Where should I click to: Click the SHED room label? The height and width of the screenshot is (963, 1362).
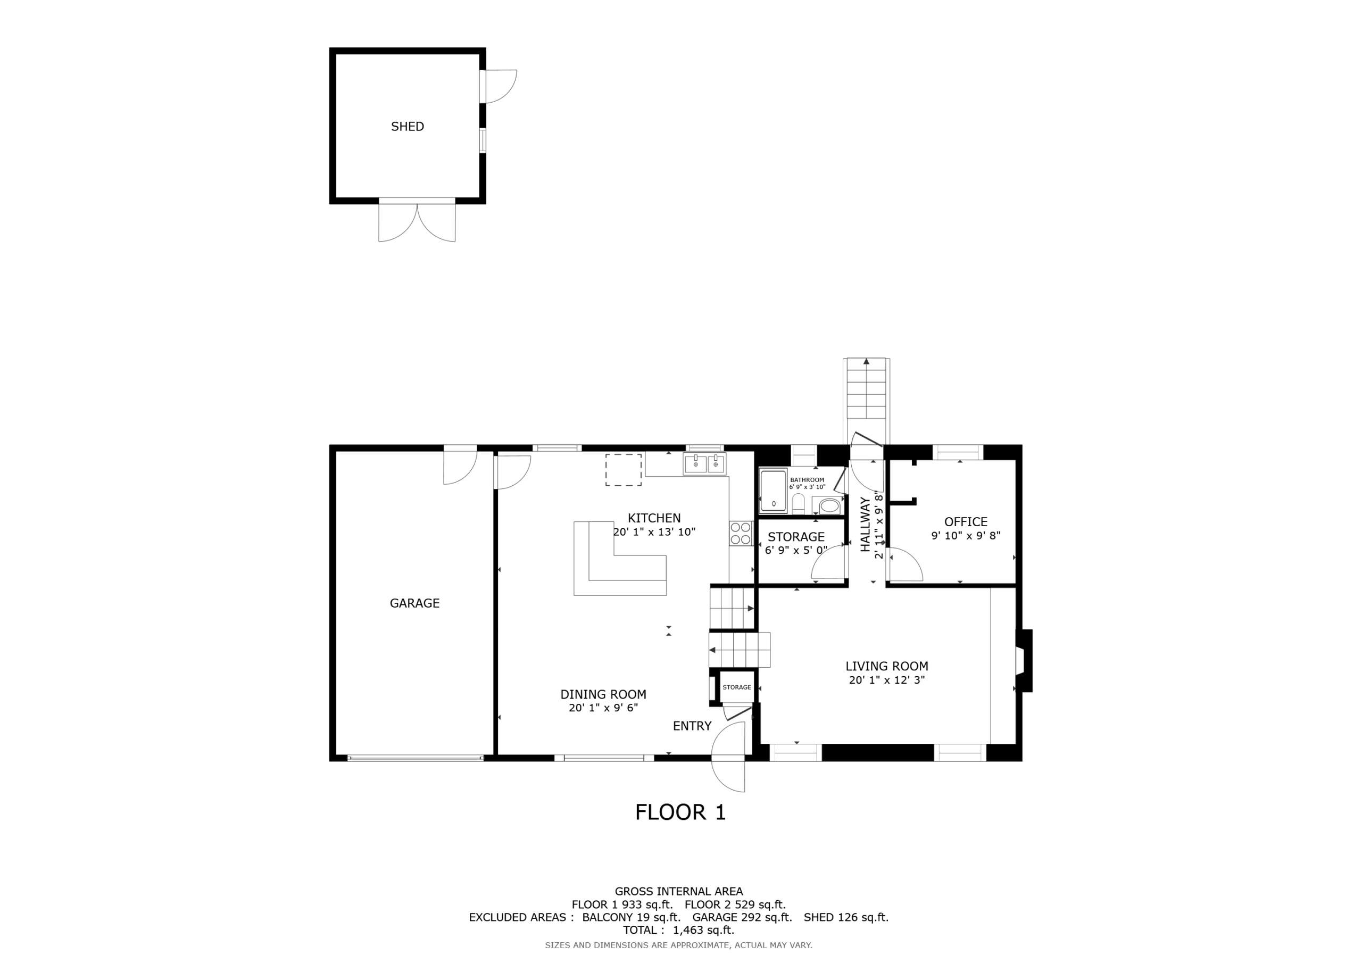(407, 127)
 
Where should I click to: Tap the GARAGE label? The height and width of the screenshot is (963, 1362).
(414, 603)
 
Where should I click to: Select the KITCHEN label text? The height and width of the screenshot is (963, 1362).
(654, 518)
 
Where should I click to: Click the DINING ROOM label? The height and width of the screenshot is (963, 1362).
(603, 694)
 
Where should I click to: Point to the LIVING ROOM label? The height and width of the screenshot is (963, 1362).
(887, 666)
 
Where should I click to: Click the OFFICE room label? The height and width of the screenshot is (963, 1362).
(966, 522)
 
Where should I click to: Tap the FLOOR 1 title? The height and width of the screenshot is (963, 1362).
(680, 812)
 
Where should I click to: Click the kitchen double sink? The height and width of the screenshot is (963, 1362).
(705, 464)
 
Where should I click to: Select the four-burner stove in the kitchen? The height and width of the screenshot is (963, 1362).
(740, 534)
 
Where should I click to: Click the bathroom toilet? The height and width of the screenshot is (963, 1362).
(799, 504)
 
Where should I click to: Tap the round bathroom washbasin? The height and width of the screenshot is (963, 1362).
(829, 506)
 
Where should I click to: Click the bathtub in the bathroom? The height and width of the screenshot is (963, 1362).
(773, 491)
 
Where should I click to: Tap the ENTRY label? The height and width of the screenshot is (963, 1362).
(692, 726)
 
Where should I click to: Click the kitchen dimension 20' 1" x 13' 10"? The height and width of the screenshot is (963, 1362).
(654, 532)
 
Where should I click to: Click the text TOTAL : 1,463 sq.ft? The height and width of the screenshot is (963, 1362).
(678, 930)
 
